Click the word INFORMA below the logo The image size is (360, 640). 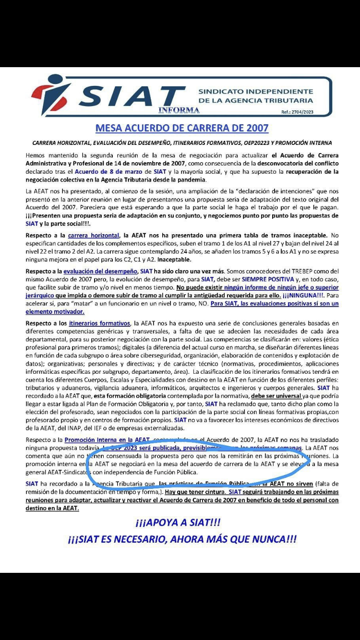point(179,110)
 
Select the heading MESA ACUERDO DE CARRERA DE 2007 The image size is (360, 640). point(182,128)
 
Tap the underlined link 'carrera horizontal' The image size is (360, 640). point(94,236)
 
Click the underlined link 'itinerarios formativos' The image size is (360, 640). point(99,323)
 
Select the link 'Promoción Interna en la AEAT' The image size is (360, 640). point(107,439)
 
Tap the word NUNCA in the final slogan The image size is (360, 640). point(261,539)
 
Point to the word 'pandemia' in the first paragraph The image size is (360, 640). point(191,179)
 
